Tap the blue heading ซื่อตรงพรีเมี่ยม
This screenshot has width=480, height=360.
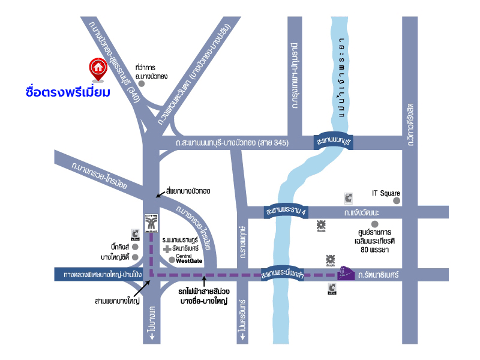point(68,92)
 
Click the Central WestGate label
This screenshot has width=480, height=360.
point(191,259)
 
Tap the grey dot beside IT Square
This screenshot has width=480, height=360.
point(405,193)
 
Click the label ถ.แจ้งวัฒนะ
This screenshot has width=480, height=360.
point(362,212)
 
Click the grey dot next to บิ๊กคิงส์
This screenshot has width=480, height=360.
point(135,247)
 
